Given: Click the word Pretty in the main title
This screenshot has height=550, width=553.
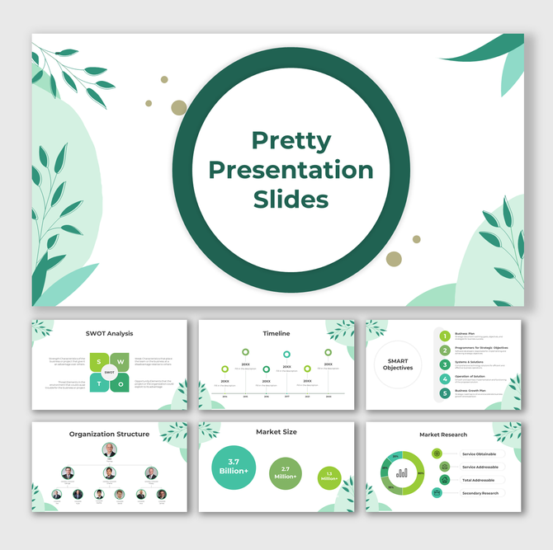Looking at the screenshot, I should click(x=291, y=140).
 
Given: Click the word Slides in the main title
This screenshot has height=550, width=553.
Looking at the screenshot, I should click(x=291, y=200).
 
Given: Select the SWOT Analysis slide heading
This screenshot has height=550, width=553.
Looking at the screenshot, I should click(x=109, y=333).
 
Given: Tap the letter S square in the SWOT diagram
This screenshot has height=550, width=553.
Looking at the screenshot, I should click(x=99, y=362).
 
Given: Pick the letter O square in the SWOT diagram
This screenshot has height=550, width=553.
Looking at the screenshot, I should click(x=121, y=383).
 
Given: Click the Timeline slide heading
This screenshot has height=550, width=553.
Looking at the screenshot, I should click(x=276, y=333).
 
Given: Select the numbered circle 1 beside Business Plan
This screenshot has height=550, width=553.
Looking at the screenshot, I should click(x=445, y=336).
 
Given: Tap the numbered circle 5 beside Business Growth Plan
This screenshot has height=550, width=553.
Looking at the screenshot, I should click(x=445, y=393).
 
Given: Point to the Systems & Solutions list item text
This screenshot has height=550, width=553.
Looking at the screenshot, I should click(x=470, y=362).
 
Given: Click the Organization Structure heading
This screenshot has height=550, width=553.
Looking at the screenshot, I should click(x=109, y=434).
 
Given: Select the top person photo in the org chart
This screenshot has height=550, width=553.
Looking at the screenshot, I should click(x=109, y=450).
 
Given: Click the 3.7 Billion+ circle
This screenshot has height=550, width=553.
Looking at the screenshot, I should click(x=234, y=468).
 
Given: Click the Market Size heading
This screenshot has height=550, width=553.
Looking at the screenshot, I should click(x=276, y=431).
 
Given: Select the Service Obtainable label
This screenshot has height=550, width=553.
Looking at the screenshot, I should click(x=480, y=454).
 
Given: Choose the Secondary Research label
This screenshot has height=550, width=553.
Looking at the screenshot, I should click(x=480, y=493).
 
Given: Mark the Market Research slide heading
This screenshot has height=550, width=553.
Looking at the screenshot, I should click(x=443, y=434).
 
